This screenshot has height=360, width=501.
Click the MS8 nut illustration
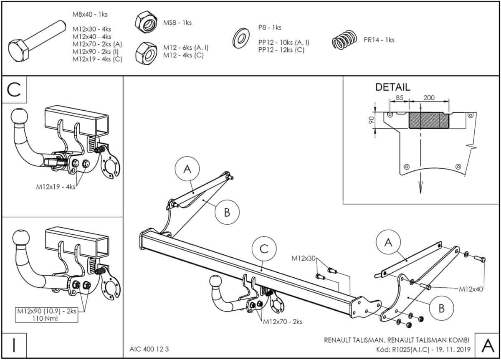coord(146,23)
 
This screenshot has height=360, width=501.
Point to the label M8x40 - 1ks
coord(90,14)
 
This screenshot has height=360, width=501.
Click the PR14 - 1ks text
coord(379,40)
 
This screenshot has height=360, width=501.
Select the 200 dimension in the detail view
coord(429,98)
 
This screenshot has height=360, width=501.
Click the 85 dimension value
coord(399,98)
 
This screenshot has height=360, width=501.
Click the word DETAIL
coord(392,87)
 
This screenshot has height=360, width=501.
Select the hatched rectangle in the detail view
coord(428,121)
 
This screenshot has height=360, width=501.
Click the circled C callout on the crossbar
coord(264,249)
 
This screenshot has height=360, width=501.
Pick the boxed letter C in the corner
coord(15,90)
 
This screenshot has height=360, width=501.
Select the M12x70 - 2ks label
coord(283,322)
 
